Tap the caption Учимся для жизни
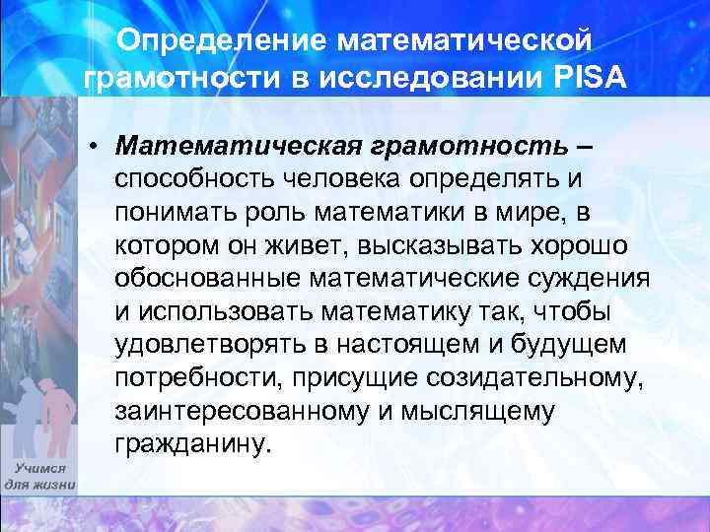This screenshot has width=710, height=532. (38, 478)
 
